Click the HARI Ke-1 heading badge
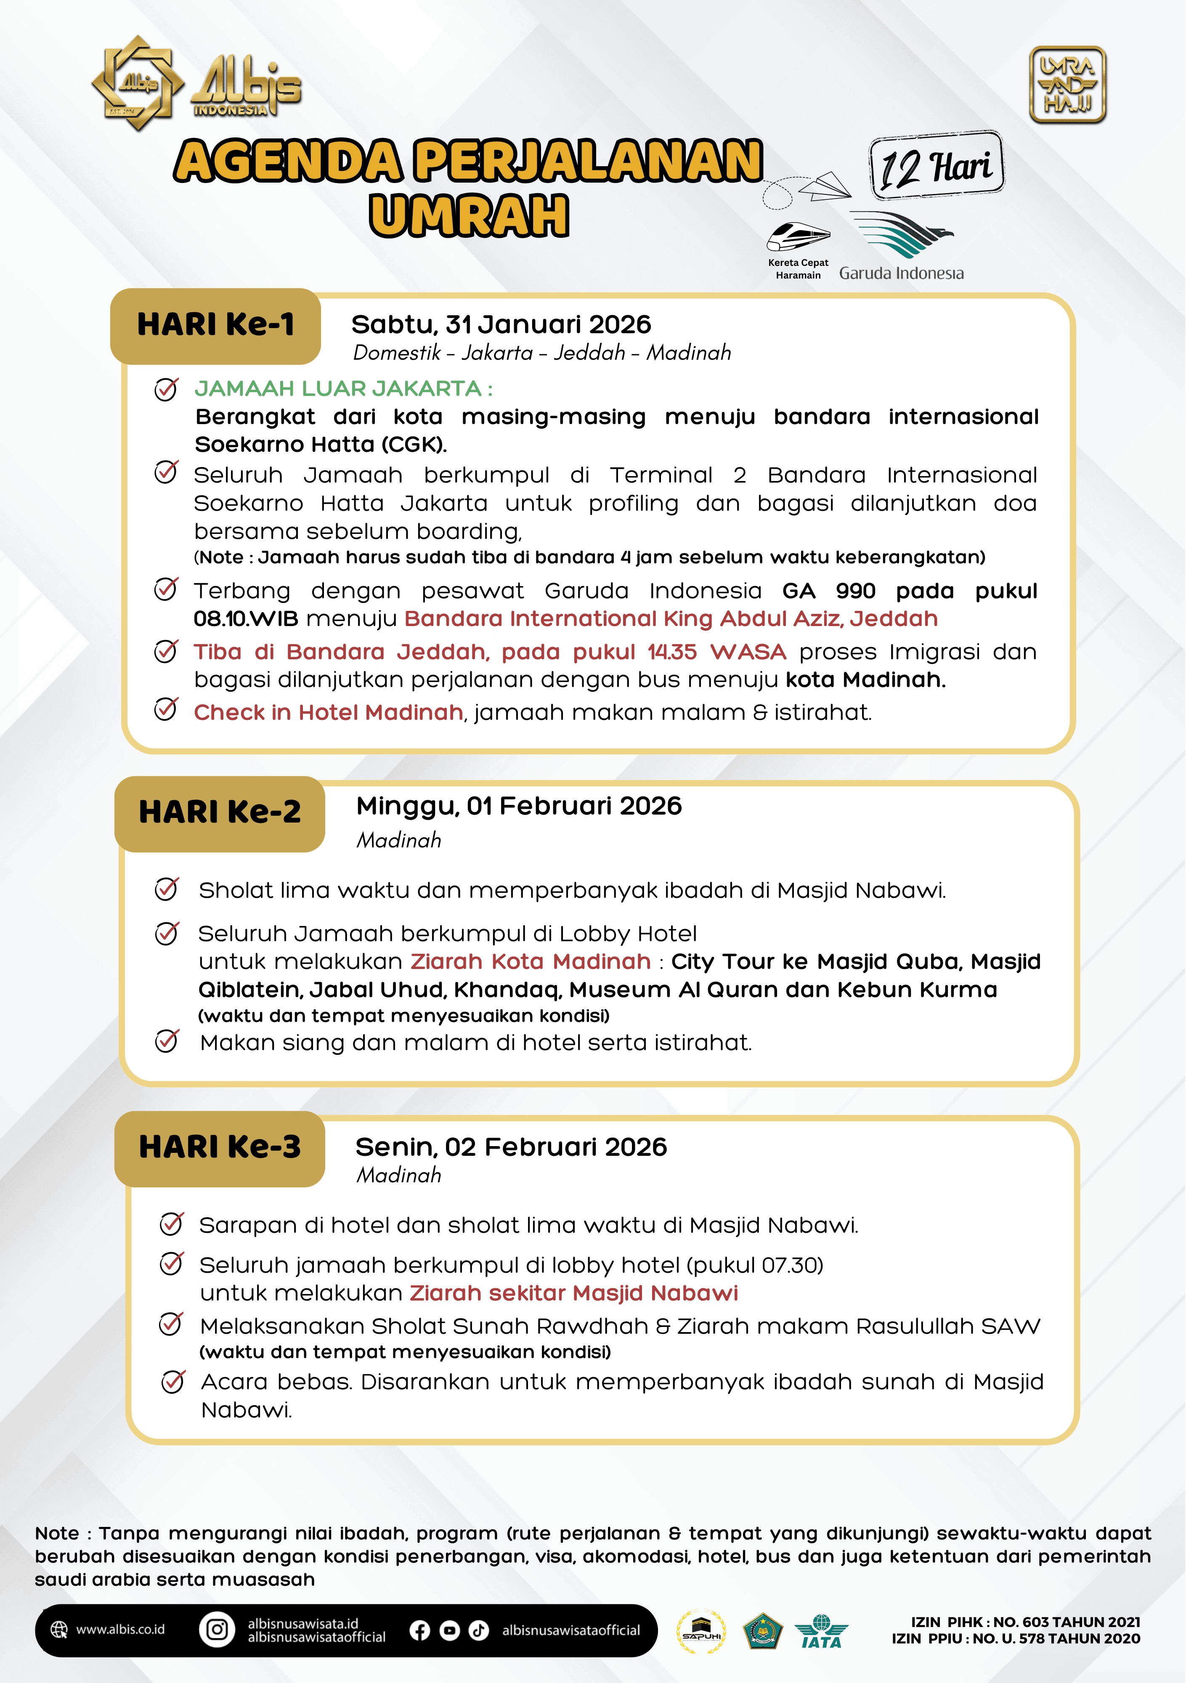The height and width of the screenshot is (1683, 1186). click(215, 326)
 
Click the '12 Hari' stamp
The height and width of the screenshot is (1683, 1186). click(936, 166)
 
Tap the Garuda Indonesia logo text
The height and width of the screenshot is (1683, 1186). click(901, 273)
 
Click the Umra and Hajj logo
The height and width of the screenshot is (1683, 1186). click(1067, 85)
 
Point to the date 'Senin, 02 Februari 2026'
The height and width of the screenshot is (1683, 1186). click(511, 1147)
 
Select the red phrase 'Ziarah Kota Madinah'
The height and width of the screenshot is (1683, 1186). click(531, 962)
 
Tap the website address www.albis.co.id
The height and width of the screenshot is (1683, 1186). click(120, 1630)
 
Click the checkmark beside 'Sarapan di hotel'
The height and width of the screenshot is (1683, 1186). click(172, 1224)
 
